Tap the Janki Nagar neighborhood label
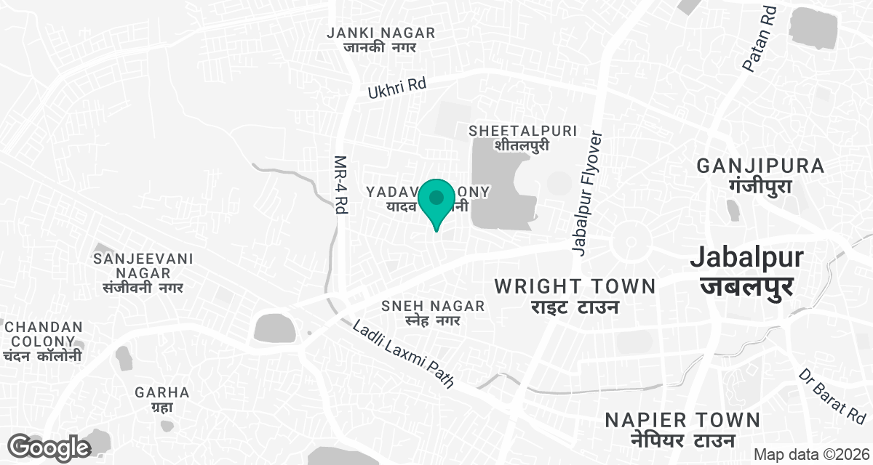click(x=380, y=39)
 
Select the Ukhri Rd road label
click(x=396, y=88)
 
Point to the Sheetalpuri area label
click(x=522, y=137)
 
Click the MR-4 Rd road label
click(x=340, y=185)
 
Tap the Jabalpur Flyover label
click(x=587, y=193)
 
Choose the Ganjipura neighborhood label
click(x=760, y=175)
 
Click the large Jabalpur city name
click(x=746, y=270)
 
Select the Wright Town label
click(x=575, y=296)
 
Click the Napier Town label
click(x=682, y=429)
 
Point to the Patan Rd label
click(x=760, y=40)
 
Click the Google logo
click(x=49, y=447)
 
